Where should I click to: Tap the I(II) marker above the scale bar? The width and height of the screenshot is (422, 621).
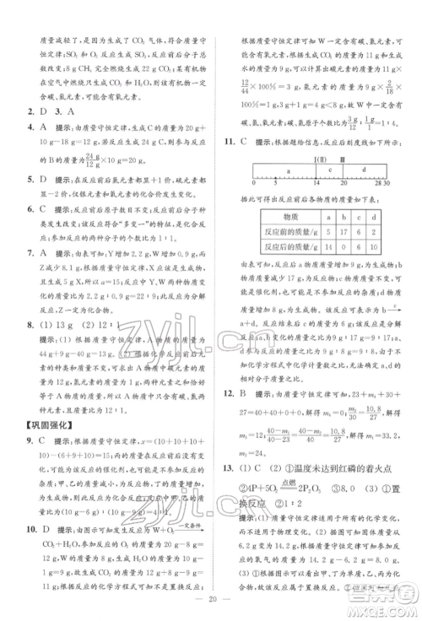(322, 158)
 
